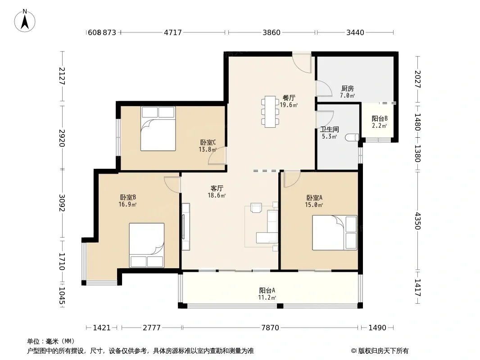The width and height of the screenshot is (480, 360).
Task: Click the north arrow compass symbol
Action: point(25,21)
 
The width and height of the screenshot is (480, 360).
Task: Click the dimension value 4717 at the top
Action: point(173,32)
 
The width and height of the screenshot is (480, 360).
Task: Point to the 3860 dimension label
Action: point(272,32)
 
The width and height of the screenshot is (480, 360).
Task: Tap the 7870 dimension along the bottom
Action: point(270,328)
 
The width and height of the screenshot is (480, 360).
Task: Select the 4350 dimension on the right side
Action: point(418,220)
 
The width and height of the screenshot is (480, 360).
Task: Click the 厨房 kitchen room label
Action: point(348,88)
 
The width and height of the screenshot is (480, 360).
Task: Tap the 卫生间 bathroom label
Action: point(330,130)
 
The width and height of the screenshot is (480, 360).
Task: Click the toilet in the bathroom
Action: point(352,138)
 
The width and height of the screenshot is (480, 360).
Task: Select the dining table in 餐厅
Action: point(270,112)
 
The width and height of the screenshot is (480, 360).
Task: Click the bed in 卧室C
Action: point(158,128)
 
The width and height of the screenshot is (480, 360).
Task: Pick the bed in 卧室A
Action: point(335,233)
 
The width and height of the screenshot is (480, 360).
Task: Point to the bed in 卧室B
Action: point(147,245)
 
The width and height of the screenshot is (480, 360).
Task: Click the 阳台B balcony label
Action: point(380,118)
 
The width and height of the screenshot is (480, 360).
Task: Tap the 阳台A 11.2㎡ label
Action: point(267,294)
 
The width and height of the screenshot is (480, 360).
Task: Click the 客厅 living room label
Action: point(217,188)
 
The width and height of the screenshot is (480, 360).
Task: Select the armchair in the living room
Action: point(256,207)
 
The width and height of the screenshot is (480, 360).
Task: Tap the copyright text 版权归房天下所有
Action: point(383,351)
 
